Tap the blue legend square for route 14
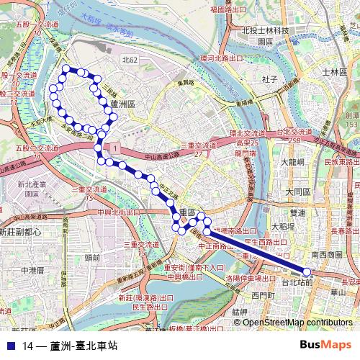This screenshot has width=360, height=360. (10, 346)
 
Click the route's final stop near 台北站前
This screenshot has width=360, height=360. (307, 271)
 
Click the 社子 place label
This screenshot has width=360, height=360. (271, 78)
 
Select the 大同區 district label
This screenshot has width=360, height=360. (297, 192)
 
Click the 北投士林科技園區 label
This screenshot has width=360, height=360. (265, 36)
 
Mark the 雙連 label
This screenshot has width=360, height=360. (297, 213)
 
